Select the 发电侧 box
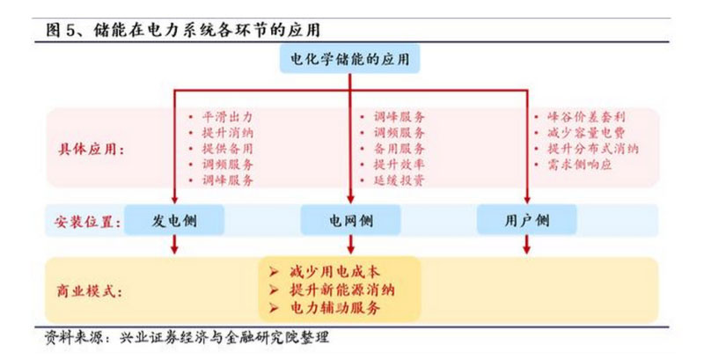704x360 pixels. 174,219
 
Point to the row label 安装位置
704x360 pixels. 84,219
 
